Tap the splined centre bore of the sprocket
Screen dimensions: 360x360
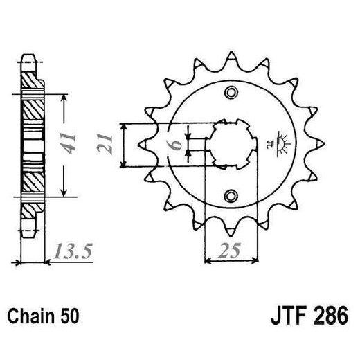point(232,145)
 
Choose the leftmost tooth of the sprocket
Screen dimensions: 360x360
point(144,143)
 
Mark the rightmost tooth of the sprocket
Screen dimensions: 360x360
point(321,145)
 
